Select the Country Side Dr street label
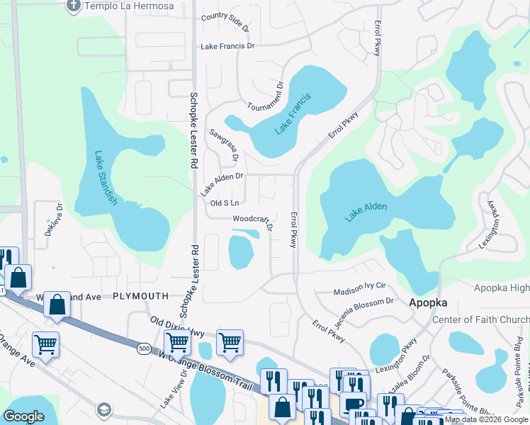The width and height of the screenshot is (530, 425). pos(225,22)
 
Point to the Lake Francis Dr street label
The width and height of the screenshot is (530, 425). pos(227,46)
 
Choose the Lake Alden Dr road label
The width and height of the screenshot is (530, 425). pos(222,183)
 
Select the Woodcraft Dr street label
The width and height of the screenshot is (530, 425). pos(253,222)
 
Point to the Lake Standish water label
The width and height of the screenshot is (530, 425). pos(106,179)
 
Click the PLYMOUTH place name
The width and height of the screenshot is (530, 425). pos(140,296)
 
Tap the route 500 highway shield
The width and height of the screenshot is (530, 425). pos(145,348)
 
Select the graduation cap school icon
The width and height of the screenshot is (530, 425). pos(104,410)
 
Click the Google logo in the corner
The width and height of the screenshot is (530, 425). pos(23,416)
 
